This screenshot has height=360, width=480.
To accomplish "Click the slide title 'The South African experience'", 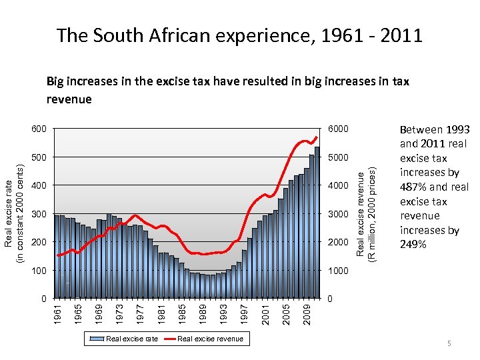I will pyautogui.click(x=239, y=35).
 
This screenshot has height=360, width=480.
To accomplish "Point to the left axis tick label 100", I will pyautogui.click(x=39, y=270).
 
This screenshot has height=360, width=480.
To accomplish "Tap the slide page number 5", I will pyautogui.click(x=449, y=343).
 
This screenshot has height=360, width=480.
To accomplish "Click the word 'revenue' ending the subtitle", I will pyautogui.click(x=69, y=99).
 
